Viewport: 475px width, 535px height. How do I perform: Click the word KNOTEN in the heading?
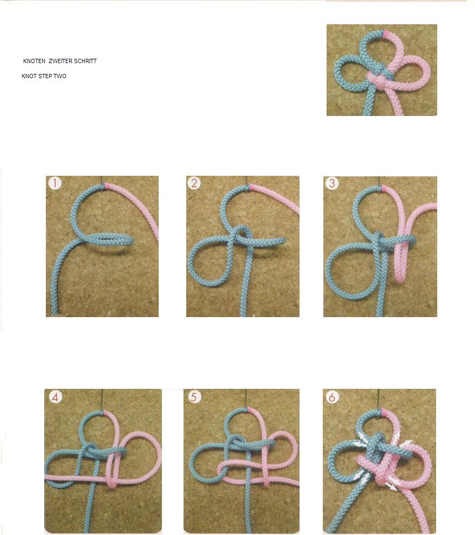coord(34,61)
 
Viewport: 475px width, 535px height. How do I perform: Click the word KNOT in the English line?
coord(29,77)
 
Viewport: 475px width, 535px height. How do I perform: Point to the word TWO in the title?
coord(59,77)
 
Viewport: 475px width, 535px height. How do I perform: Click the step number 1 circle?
coord(55,183)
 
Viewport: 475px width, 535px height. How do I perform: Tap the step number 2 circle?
coord(194,183)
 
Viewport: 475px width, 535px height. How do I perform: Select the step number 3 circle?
coord(332,183)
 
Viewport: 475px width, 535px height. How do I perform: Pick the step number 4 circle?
coord(56,397)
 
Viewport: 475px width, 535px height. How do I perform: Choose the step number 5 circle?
coord(194,397)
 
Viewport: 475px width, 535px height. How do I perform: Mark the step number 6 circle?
coord(332,397)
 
